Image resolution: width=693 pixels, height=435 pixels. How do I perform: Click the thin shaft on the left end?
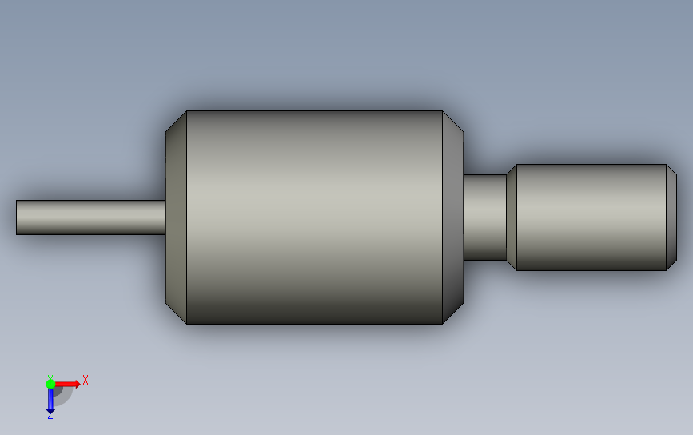91,217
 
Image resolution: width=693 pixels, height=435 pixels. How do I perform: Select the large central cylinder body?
314,217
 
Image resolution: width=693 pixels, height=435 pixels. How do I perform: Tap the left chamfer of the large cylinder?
176,217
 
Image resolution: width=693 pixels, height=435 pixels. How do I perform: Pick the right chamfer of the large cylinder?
452,217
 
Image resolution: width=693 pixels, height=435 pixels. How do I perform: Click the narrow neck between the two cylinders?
484,217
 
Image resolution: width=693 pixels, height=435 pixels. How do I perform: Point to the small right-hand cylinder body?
591,217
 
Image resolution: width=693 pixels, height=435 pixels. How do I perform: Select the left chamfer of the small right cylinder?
512,217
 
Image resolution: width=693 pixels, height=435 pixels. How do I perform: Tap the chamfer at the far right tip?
671,217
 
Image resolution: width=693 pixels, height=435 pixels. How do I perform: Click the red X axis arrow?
67,384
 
